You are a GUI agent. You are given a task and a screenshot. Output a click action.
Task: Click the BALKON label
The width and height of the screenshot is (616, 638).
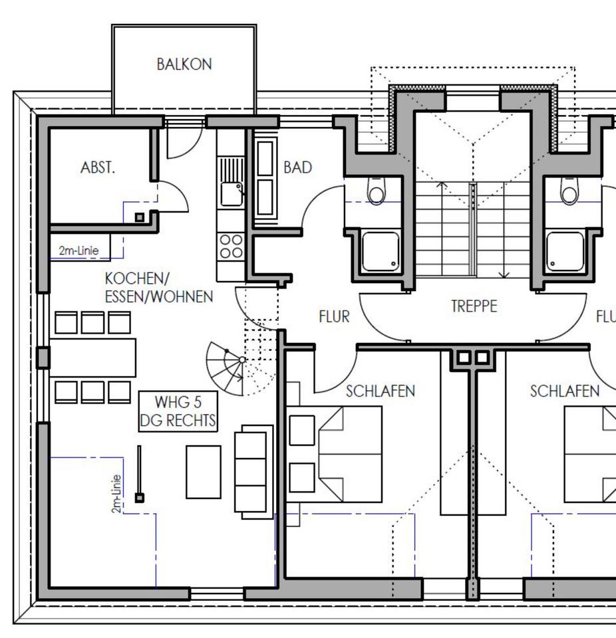coord(184,64)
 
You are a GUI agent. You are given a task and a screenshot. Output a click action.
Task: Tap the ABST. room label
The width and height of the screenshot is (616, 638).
coord(98,167)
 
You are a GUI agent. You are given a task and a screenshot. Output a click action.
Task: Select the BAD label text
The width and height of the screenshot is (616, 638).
coord(298,167)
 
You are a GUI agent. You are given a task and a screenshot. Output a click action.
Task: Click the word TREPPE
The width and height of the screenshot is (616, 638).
coord(474,306)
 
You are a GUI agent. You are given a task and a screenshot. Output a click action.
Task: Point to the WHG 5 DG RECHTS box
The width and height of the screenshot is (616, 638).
coord(178,411)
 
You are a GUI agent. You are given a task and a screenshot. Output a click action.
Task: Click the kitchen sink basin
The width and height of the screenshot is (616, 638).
coord(231,193)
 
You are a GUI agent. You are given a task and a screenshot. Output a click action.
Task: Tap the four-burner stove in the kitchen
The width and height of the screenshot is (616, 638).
coord(231,247)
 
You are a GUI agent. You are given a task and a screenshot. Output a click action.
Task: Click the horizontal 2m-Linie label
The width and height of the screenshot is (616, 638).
coord(78,251)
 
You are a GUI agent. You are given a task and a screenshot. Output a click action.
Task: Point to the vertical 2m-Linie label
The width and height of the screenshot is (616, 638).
coord(116,494)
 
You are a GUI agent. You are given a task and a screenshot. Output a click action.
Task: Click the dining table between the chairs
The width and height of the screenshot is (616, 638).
coord(93,358)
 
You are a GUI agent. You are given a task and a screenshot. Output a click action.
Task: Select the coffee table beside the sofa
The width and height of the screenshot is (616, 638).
coord(204,472)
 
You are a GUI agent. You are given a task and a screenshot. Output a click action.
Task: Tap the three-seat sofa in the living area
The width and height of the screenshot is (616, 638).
coord(253,472)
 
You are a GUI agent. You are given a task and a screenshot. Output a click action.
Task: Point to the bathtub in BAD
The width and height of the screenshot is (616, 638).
coord(265,178)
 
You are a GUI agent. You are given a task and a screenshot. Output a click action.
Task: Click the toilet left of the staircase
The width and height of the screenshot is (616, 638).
coord(376,191)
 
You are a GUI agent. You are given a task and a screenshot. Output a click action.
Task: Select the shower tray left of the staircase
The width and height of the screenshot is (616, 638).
coord(381,251)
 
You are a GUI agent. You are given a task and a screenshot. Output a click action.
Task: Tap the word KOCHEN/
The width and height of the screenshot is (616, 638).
coord(137,278)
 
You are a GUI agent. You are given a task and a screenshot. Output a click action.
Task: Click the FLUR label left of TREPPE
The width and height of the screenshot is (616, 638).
coord(335,316)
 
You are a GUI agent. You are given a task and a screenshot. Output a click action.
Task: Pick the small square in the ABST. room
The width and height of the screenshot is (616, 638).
coord(140,217)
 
